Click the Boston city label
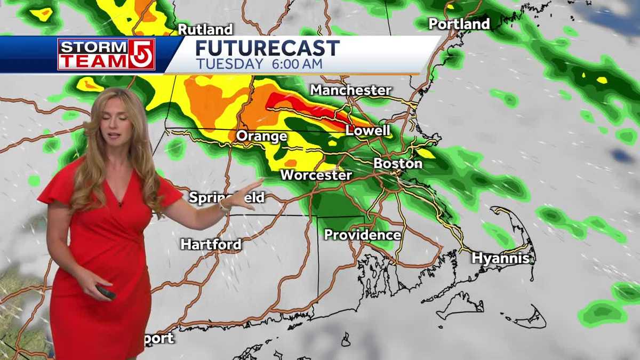(398, 163)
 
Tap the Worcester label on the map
(316, 175)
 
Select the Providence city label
(362, 235)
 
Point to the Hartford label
(211, 245)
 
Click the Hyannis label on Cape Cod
(500, 259)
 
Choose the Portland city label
(459, 24)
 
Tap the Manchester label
(351, 90)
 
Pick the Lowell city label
(367, 131)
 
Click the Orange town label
(261, 137)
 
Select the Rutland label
(205, 29)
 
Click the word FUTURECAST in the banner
(267, 49)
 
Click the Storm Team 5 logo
(106, 54)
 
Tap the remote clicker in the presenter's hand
(105, 292)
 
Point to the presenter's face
(115, 124)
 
